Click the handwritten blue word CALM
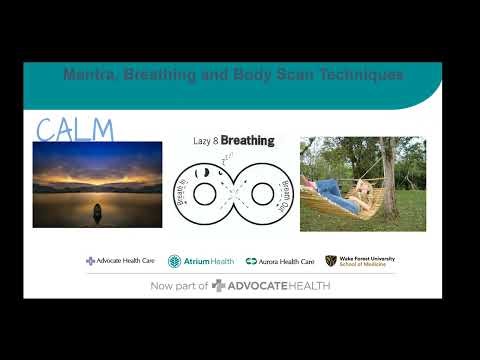point(75,129)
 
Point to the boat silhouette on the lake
point(97,212)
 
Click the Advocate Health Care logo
point(120,261)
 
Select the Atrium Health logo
point(201,261)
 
